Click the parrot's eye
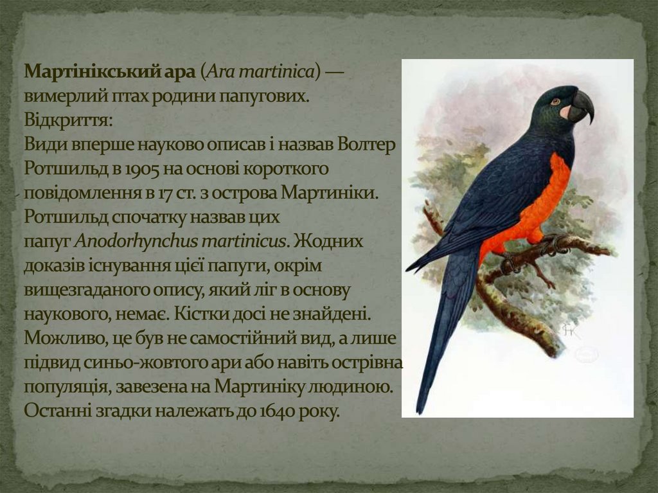(x=555, y=101)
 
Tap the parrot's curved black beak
(x=582, y=105)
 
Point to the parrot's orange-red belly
(x=540, y=206)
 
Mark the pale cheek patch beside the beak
(x=565, y=111)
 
